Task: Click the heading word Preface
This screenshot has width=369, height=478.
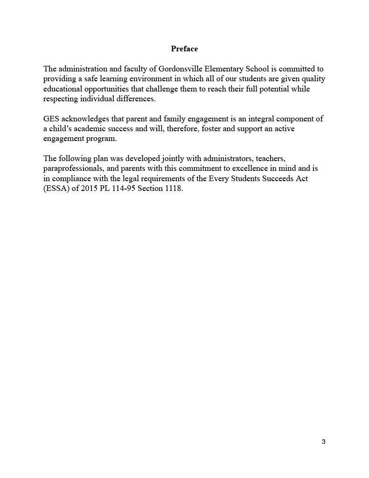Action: click(184, 49)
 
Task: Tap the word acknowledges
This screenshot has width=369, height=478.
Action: click(87, 119)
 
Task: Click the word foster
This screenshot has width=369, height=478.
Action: click(210, 128)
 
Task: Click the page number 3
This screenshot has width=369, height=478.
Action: click(323, 442)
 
